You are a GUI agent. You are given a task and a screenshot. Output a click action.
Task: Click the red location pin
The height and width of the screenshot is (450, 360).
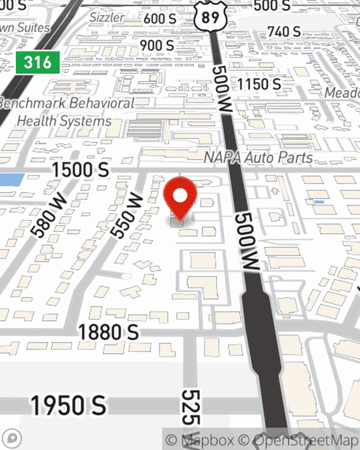(x=180, y=196)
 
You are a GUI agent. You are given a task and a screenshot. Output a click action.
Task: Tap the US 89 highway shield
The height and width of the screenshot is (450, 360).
(x=210, y=16)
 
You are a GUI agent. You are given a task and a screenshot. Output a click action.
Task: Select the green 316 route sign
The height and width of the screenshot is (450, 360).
(x=37, y=62)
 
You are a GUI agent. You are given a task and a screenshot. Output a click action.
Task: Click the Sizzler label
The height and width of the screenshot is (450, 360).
(x=107, y=17)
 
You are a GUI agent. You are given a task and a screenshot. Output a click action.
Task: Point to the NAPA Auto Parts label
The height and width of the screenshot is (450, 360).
(x=258, y=158)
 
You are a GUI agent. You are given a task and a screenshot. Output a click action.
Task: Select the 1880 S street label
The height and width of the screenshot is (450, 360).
(x=108, y=332)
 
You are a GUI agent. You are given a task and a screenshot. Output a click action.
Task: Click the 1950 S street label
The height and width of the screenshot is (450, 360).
(x=68, y=405)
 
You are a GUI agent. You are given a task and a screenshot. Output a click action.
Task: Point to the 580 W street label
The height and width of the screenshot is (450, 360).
(x=49, y=215)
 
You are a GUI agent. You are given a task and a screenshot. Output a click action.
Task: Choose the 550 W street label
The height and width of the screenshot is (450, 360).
(x=126, y=215)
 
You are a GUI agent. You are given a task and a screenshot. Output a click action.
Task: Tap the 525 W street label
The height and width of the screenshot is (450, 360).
(x=190, y=407)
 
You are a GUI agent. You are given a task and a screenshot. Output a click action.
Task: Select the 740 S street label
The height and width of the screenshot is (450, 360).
(x=284, y=32)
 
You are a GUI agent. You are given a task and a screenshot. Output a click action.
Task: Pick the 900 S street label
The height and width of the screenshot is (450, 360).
(x=157, y=46)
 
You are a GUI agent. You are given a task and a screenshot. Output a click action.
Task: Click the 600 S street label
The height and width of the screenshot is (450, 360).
(x=160, y=19)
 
